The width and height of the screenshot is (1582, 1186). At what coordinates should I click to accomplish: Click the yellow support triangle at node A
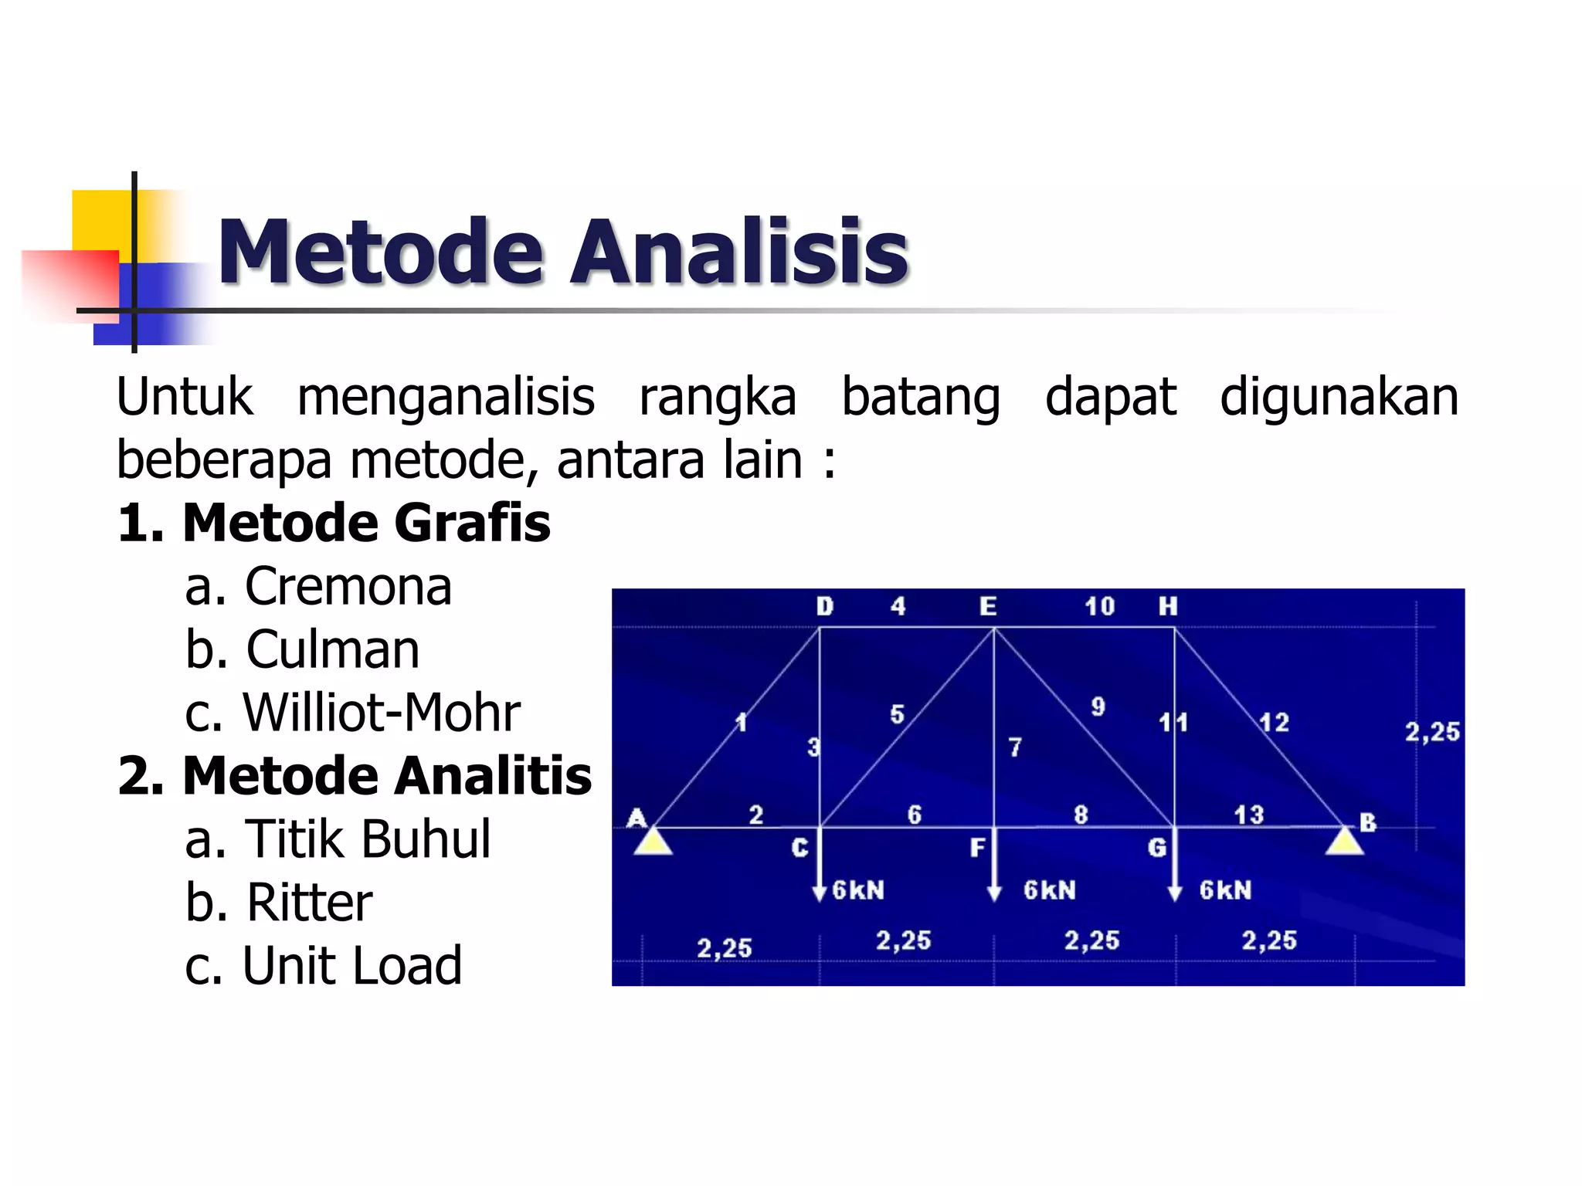(653, 841)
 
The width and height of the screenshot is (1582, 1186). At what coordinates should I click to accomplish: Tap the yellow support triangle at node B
(1344, 841)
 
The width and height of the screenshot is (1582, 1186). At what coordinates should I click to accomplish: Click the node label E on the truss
(988, 606)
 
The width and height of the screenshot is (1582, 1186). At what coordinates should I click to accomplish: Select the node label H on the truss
(1167, 606)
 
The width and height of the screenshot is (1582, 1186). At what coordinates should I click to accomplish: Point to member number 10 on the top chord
(1099, 606)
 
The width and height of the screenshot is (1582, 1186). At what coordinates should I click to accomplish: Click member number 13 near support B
(1248, 815)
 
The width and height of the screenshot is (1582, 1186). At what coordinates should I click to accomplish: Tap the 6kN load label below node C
(858, 890)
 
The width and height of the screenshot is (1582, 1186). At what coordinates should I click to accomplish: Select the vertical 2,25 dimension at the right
(1431, 731)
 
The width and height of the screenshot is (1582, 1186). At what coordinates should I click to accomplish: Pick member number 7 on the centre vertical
(1014, 747)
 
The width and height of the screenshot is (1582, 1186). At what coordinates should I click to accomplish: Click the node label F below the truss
(977, 848)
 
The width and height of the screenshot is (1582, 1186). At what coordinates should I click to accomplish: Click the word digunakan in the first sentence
(1339, 397)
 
